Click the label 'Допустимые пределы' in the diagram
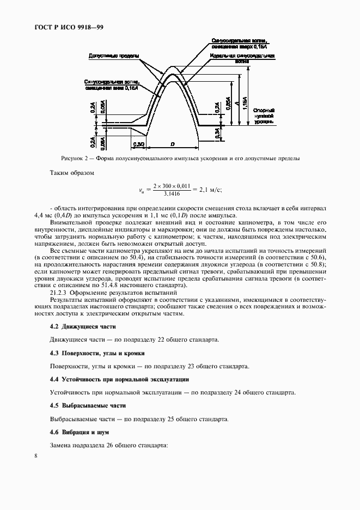pyautogui.click(x=113, y=56)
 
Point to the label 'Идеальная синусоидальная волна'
pyautogui.click(x=242, y=59)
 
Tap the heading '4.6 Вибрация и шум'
pyautogui.click(x=80, y=432)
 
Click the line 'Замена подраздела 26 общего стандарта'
pyautogui.click(x=108, y=446)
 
